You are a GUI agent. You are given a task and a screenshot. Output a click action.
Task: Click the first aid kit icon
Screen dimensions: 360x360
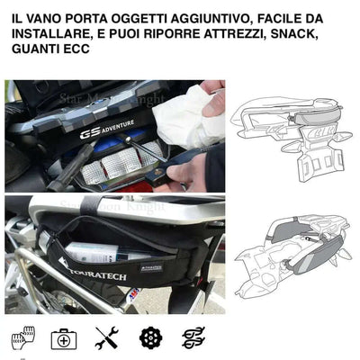point(63,338)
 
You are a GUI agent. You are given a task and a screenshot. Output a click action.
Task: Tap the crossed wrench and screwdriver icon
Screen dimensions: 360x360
point(106,338)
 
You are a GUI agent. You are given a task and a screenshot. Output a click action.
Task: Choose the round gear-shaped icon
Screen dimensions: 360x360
point(149,338)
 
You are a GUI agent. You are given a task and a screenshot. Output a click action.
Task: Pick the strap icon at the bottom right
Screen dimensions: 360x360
point(193,338)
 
